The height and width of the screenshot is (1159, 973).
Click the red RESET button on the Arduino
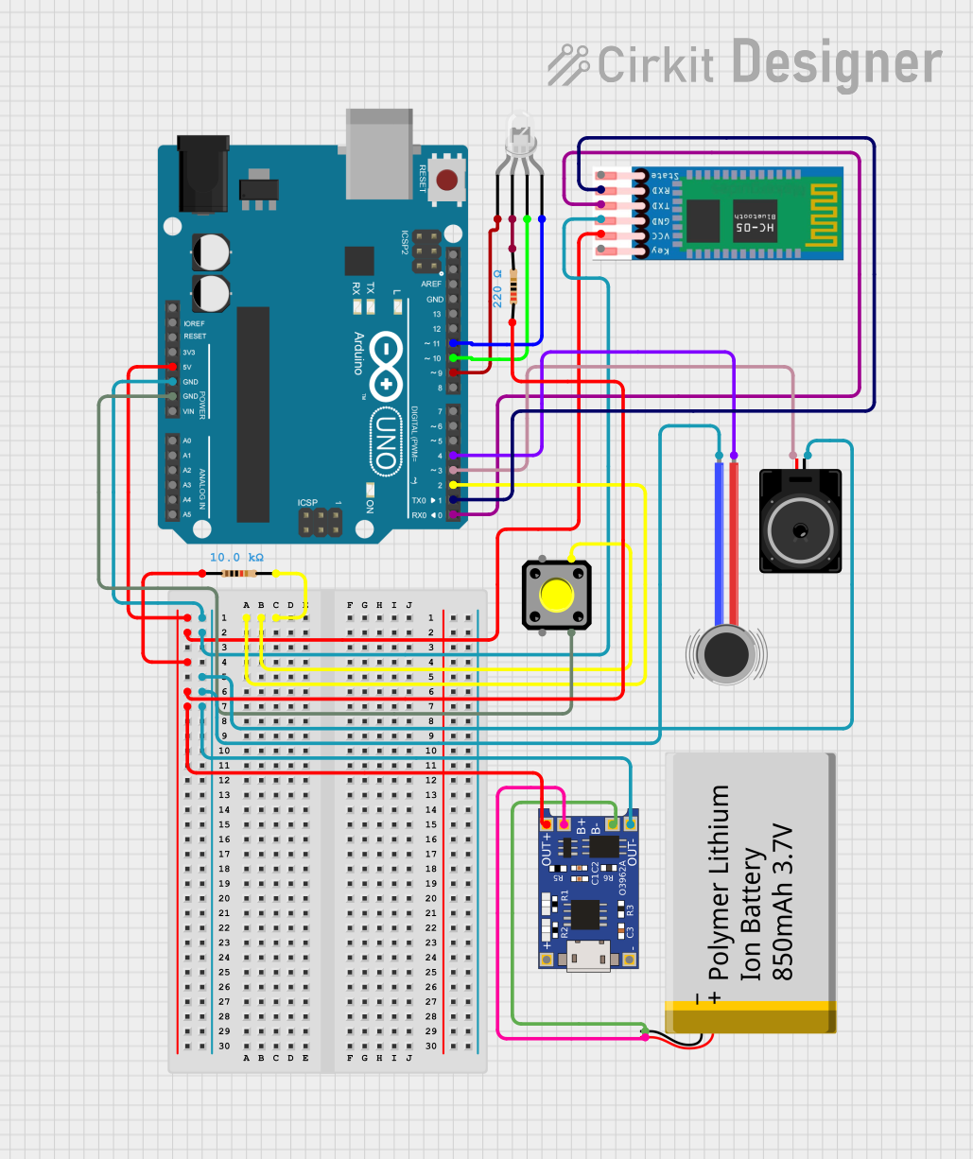pyautogui.click(x=447, y=178)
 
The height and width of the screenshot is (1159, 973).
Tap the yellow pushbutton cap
pyautogui.click(x=556, y=596)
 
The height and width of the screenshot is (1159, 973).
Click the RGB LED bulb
pyautogui.click(x=519, y=135)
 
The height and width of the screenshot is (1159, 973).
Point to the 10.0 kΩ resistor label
pyautogui.click(x=236, y=558)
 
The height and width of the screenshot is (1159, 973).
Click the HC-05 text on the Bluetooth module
pyautogui.click(x=756, y=227)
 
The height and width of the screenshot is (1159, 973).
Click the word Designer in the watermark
pyautogui.click(x=837, y=63)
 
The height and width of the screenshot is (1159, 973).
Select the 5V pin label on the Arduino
pyautogui.click(x=188, y=367)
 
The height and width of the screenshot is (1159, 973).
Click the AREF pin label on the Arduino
pyautogui.click(x=431, y=284)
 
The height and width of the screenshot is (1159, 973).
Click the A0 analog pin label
pyautogui.click(x=186, y=441)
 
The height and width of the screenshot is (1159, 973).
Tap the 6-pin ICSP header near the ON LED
pyautogui.click(x=320, y=522)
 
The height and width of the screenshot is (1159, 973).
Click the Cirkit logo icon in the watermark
pyautogui.click(x=569, y=64)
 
